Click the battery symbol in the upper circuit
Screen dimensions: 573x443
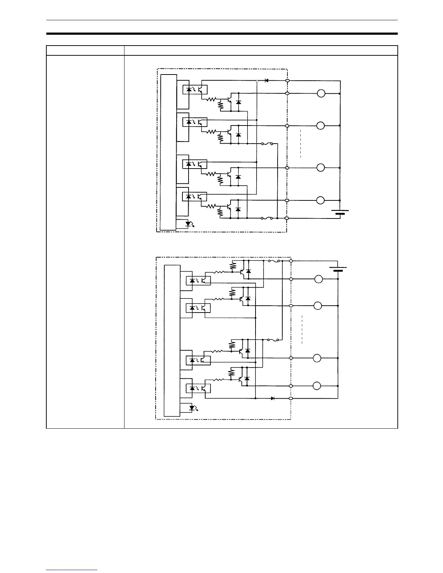340,212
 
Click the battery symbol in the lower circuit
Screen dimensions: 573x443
338,269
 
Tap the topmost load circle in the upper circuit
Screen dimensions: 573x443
321,93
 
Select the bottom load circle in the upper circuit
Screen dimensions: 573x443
321,200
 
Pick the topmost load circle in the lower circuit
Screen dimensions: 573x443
318,279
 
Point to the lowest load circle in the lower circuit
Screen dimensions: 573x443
317,386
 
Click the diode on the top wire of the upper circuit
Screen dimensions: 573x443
266,80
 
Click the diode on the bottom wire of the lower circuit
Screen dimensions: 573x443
273,398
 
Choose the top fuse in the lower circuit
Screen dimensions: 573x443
274,260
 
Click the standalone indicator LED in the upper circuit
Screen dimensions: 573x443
188,224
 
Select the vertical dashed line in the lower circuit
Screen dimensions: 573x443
301,329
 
